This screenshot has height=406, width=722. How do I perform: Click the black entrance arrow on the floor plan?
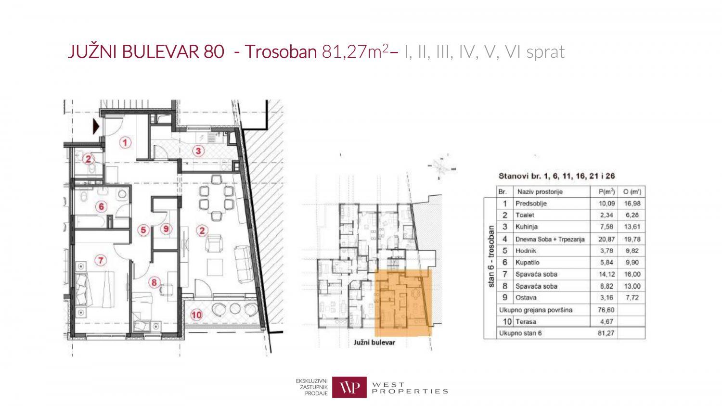click(96, 127)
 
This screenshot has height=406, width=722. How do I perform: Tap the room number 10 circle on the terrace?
click(196, 315)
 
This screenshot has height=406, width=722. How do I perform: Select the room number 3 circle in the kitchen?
click(198, 151)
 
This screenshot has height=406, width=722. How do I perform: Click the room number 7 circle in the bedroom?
click(101, 260)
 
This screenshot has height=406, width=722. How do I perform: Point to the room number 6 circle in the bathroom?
click(101, 206)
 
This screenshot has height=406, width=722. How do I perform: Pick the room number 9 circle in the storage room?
click(166, 229)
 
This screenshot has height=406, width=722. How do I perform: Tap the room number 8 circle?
click(154, 282)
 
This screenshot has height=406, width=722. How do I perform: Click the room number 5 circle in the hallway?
click(143, 230)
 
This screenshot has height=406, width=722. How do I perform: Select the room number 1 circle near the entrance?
click(125, 142)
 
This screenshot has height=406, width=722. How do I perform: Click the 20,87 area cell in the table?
click(606, 240)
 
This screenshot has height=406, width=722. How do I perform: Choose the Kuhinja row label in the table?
click(527, 227)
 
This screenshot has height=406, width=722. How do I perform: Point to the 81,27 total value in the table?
click(606, 333)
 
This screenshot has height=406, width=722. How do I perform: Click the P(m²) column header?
click(606, 192)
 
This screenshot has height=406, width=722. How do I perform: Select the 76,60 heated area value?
click(606, 310)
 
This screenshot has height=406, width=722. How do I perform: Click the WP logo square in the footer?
click(349, 387)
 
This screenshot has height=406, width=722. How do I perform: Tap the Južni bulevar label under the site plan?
click(374, 343)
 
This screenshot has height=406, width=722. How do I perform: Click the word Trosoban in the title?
click(281, 51)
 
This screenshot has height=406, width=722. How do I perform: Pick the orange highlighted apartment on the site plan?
click(403, 303)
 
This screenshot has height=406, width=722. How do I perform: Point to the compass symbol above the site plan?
click(441, 167)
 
